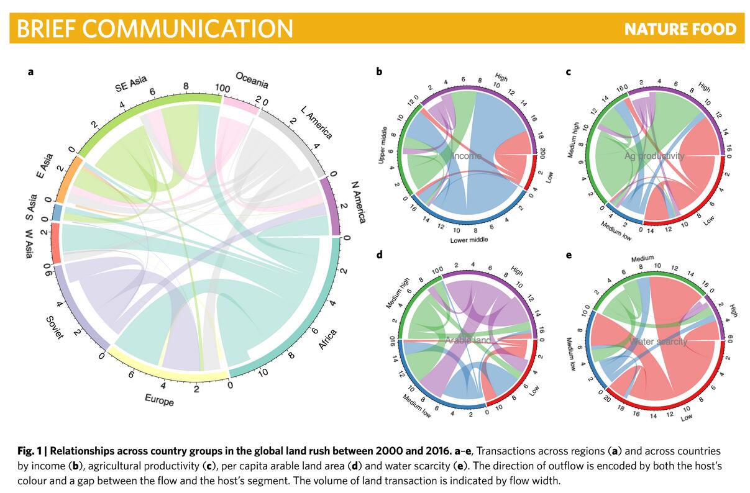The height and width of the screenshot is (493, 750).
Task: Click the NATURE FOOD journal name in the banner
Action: [x=680, y=29]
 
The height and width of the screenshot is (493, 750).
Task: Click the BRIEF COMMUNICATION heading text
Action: [x=155, y=29]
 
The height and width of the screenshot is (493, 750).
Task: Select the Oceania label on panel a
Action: [x=252, y=80]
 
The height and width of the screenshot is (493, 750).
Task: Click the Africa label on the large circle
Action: [x=327, y=339]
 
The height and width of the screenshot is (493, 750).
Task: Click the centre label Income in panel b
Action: [x=467, y=156]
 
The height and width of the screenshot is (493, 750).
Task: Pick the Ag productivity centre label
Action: [x=654, y=156]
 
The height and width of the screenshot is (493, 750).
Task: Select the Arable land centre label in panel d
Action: [x=467, y=340]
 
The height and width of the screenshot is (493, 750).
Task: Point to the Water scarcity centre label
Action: [x=658, y=341]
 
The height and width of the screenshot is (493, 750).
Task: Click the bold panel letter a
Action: [x=30, y=72]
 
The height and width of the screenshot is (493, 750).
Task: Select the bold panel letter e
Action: [x=568, y=255]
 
